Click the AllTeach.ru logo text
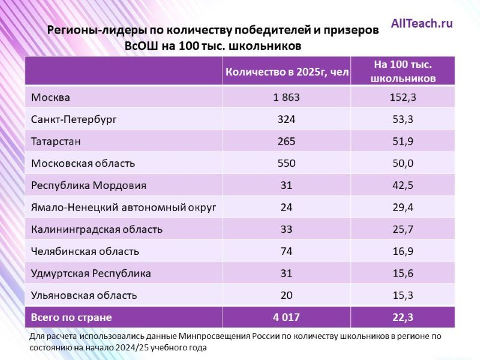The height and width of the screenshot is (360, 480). (422, 24)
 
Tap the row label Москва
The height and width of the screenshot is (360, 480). (50, 97)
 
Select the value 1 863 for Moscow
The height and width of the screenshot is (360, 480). (286, 97)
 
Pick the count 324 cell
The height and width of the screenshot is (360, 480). (286, 119)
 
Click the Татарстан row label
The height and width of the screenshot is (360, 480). (56, 141)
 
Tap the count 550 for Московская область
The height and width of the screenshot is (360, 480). (286, 163)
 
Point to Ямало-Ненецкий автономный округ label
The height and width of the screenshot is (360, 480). (124, 208)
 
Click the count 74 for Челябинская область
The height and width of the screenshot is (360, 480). (286, 251)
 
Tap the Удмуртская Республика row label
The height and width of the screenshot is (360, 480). (91, 274)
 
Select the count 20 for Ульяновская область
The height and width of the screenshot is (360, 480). (286, 295)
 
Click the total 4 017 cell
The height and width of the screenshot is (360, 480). (286, 317)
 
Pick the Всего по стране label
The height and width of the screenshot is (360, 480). (71, 317)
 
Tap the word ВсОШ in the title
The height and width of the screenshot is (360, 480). (143, 46)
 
